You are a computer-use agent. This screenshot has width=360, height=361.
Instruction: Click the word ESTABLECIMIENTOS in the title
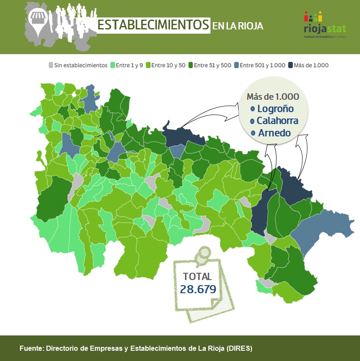pos(153,25)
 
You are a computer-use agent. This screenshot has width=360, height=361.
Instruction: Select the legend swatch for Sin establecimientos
pos(51,65)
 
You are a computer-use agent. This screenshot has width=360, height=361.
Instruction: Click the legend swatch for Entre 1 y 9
pos(113,65)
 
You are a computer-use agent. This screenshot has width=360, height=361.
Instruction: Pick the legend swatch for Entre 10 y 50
pos(149,65)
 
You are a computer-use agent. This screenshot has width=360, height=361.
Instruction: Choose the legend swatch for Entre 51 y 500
pos(191,65)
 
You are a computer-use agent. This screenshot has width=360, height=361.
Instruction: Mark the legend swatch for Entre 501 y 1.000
pos(237,65)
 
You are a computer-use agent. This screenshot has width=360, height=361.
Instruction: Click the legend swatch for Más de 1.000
pos(291,65)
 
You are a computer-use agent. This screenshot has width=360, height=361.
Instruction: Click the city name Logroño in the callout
pos(275,109)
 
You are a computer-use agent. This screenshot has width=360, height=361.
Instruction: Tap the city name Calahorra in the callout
pos(277,121)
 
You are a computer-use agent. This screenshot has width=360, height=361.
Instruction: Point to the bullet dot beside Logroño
pos(253,109)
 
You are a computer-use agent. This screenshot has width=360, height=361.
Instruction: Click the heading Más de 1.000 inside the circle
pos(273,96)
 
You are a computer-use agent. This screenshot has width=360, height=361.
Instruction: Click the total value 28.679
pos(198,289)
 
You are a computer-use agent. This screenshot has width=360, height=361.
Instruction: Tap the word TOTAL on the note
pos(197,276)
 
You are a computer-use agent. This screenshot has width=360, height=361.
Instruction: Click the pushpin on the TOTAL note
pos(204,254)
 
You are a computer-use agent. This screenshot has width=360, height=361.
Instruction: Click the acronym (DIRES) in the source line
pos(239,348)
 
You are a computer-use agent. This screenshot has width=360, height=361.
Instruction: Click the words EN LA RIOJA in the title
pos(238,26)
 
